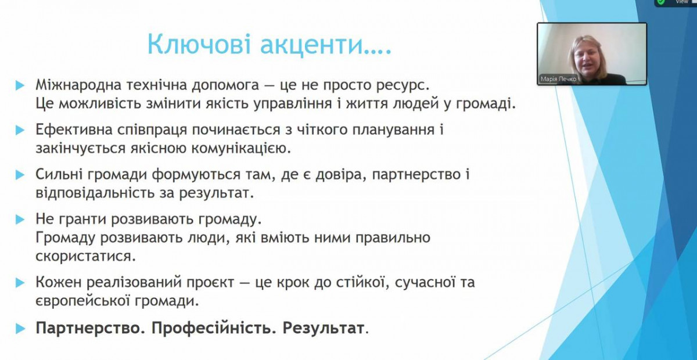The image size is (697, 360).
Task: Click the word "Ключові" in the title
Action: (199, 44)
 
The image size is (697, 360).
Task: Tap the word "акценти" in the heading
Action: (312, 45)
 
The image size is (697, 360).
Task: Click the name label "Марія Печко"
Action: (558, 79)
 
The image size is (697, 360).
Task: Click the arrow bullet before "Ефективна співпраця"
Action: (20, 130)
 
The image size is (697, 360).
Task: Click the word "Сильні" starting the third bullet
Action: (59, 174)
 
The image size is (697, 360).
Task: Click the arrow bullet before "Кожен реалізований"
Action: (20, 283)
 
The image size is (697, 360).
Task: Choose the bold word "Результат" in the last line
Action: (323, 328)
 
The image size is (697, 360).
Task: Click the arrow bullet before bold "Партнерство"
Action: (20, 329)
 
